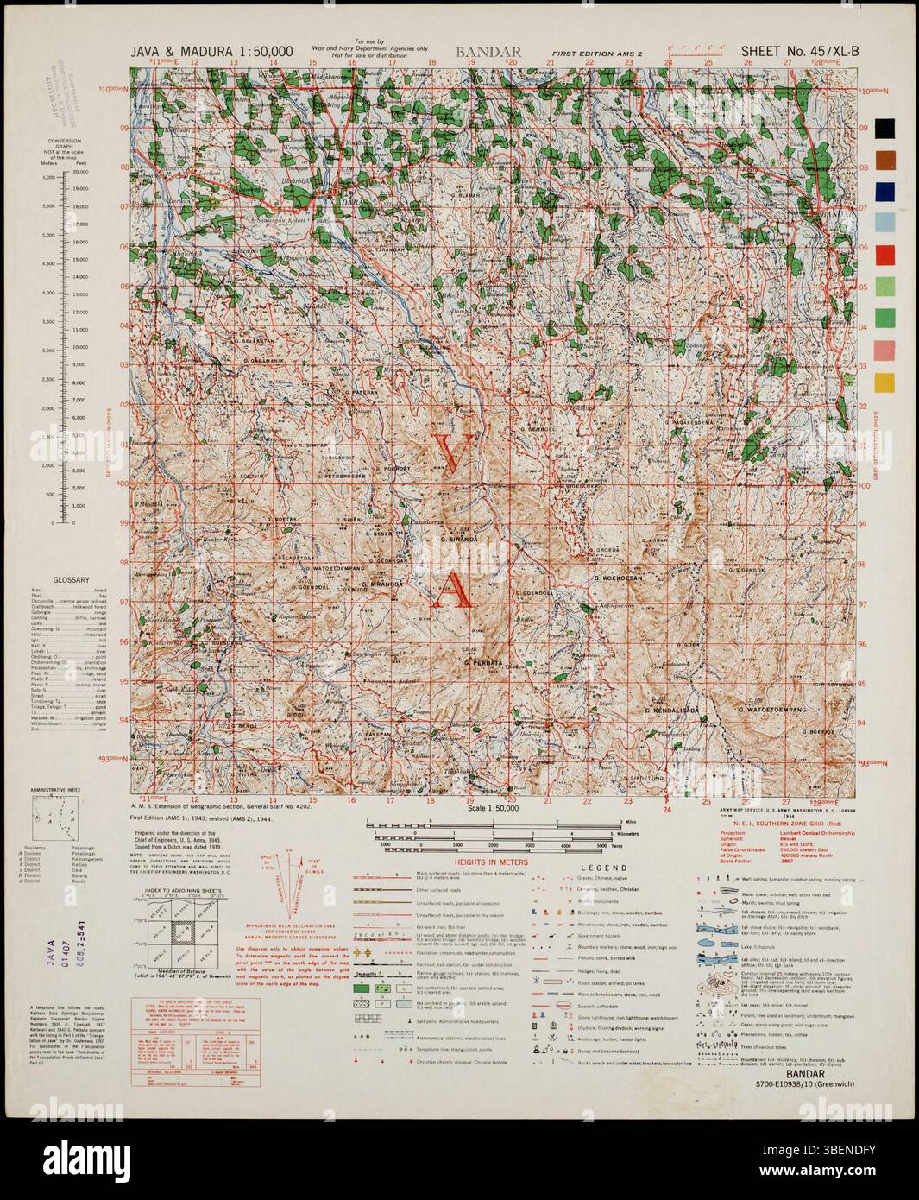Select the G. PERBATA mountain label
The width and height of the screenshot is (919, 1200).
482,662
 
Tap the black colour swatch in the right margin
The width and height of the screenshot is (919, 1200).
884,128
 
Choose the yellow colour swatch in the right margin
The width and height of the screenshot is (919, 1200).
884,382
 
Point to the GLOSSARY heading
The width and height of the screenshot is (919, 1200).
72,580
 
